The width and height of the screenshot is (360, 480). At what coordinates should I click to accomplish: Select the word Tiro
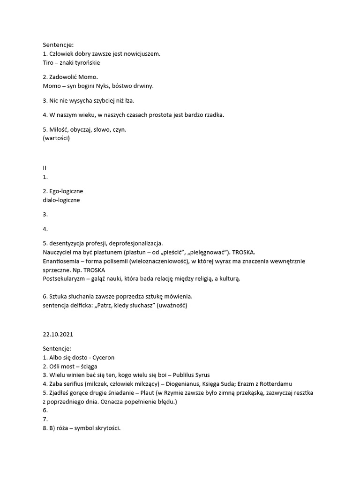point(48,62)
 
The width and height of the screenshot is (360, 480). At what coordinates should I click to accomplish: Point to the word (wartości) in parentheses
point(56,138)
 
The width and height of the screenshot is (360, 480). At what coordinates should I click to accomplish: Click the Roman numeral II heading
point(45,168)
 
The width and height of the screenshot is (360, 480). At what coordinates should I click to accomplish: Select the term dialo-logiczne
point(61,200)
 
